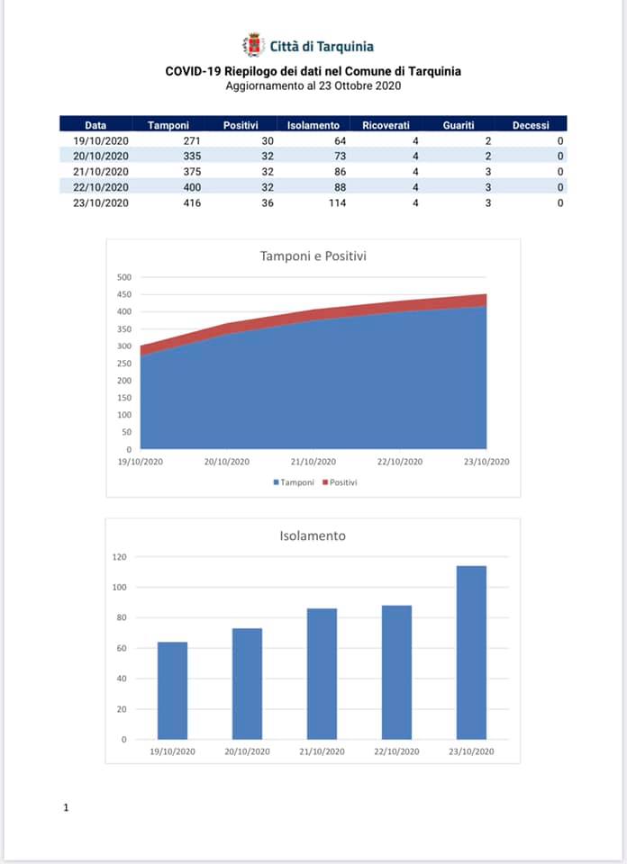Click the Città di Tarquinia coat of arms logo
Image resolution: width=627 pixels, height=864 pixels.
(x=253, y=45)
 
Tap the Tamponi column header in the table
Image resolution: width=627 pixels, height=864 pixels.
(x=168, y=125)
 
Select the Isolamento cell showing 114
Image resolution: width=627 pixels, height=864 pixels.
(x=337, y=202)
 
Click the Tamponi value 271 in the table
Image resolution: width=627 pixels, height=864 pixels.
(x=192, y=141)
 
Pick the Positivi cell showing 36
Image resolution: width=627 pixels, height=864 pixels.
(x=268, y=202)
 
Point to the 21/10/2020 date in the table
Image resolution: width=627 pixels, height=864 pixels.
(x=101, y=172)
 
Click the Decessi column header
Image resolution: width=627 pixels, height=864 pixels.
(x=531, y=125)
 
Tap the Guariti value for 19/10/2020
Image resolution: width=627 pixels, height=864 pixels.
(x=488, y=141)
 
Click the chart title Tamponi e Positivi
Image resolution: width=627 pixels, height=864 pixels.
(x=313, y=256)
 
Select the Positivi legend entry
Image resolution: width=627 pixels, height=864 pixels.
(x=340, y=482)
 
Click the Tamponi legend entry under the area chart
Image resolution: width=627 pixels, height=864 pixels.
(x=294, y=482)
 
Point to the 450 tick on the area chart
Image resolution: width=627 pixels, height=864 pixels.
(x=124, y=294)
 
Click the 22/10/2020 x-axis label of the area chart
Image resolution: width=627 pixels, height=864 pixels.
(x=400, y=462)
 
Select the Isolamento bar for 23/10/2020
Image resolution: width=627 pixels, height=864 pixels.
(x=471, y=652)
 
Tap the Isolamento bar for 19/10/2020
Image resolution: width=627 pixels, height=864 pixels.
(x=173, y=690)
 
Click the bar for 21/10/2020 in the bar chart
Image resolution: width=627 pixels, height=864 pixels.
(x=322, y=674)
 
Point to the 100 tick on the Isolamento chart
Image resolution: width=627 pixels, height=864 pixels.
(x=120, y=588)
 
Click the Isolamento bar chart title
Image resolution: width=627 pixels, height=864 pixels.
(x=313, y=535)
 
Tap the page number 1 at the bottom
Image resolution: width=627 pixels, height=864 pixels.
(x=66, y=808)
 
